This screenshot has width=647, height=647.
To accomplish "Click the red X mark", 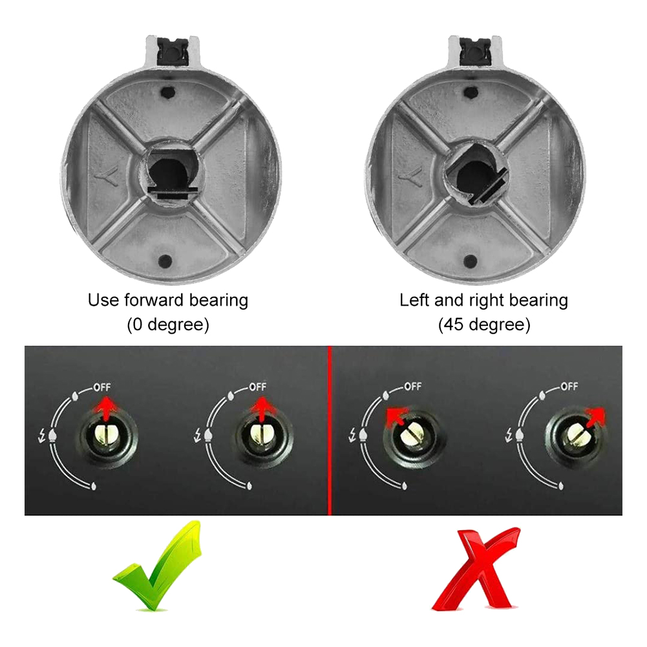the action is (474, 569).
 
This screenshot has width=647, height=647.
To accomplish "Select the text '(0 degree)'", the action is (168, 324).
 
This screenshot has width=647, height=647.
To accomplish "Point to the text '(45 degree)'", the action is (484, 324).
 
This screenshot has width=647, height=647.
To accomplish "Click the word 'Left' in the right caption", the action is (414, 300).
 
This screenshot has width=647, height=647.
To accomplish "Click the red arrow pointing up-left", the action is (396, 418).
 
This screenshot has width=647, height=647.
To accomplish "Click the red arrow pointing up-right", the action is (594, 418).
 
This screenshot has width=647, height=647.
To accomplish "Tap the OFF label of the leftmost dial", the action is (101, 387).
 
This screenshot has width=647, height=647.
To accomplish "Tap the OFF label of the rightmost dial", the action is (569, 387).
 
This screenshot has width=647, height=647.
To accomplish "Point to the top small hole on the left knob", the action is (167, 92).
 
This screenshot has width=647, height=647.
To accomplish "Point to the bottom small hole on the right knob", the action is (471, 260).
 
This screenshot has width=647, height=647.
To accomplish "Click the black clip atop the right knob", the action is (474, 50).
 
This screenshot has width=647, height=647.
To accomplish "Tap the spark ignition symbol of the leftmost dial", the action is (41, 436).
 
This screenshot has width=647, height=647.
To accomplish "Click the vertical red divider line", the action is (330, 430).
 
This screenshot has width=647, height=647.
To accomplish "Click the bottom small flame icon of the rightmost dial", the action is (561, 485).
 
